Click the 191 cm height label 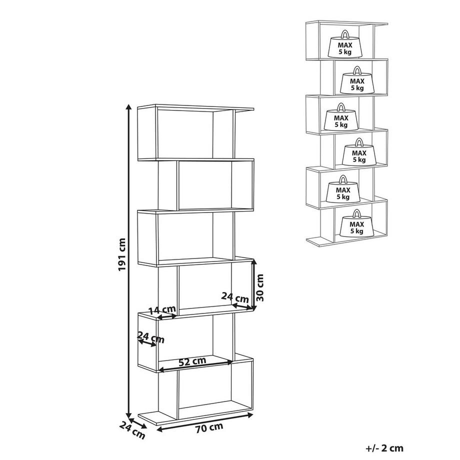point(121,254)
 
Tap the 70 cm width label point(209,427)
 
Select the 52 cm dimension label point(192,361)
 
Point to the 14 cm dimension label point(162,310)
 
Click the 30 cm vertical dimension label point(260,287)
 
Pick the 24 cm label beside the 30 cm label point(235,297)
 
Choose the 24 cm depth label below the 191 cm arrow point(132,430)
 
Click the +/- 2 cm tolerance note point(384,448)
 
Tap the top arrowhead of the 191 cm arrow point(128,106)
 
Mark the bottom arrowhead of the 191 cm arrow point(128,415)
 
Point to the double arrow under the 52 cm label point(195,366)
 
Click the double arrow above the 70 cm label point(205,422)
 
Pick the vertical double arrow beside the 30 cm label point(254,284)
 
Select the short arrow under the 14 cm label point(167,317)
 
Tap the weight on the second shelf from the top point(357,80)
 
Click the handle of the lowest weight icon point(356,213)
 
